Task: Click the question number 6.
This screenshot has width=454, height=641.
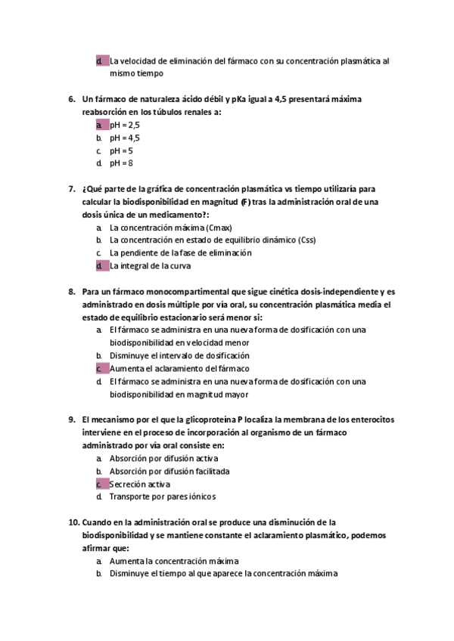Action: point(71,99)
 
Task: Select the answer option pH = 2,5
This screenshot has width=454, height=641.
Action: point(125,125)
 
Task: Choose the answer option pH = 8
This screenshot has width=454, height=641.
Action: point(121,163)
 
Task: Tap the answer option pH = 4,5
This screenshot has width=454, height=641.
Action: point(125,138)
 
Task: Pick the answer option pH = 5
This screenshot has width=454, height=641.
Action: point(121,150)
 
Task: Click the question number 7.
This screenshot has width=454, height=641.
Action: point(71,189)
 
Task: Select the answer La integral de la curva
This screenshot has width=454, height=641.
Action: point(150,266)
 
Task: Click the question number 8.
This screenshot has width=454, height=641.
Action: point(71,292)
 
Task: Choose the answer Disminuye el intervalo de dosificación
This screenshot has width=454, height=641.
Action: point(179,355)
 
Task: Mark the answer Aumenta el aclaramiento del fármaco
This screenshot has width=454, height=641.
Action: point(179,368)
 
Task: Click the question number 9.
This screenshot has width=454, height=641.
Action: point(71,420)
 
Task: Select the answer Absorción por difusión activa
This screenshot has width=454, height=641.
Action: point(163,458)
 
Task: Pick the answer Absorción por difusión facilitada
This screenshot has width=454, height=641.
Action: point(169,471)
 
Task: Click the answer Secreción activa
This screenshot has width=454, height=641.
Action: point(140,484)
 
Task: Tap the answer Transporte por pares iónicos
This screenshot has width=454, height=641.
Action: point(163,497)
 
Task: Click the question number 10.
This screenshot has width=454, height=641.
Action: point(73,522)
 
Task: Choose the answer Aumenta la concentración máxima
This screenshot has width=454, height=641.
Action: point(174,561)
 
